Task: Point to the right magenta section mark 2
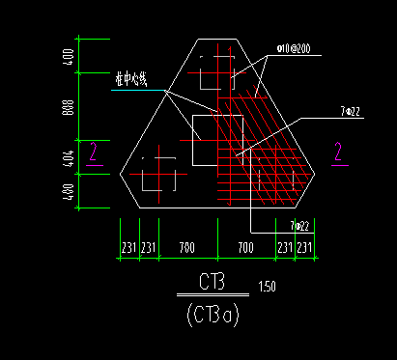(x=339, y=151)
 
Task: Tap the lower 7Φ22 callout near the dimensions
(x=299, y=226)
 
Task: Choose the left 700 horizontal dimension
(x=187, y=248)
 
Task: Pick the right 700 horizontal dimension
(x=245, y=248)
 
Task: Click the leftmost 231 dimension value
(x=128, y=248)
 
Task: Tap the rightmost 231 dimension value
(x=305, y=248)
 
